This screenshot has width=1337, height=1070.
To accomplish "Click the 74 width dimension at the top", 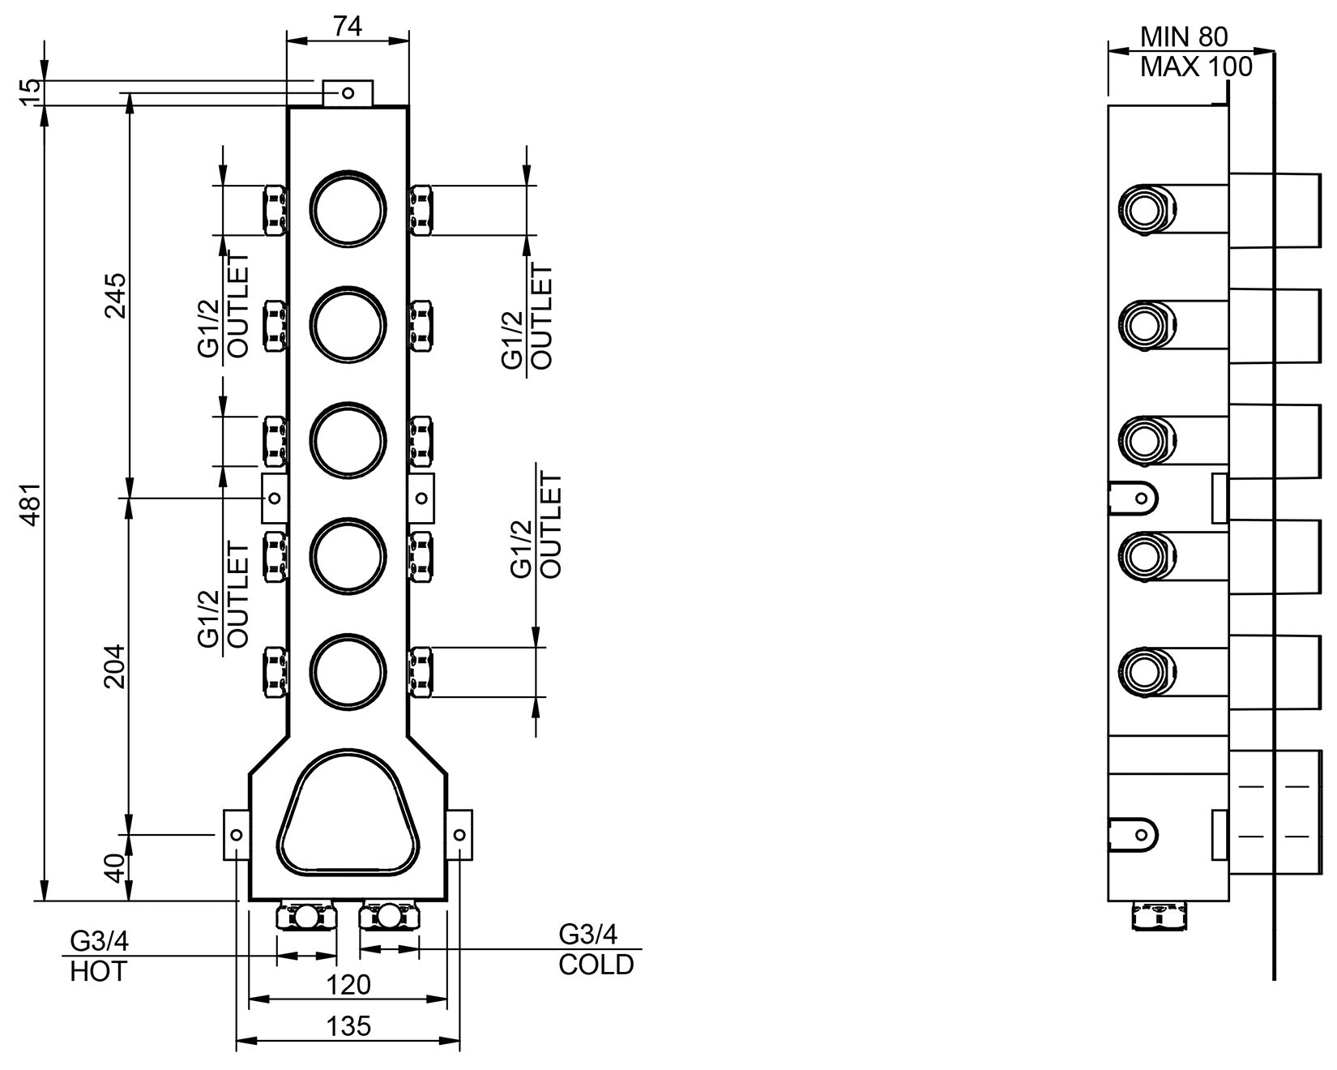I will point(348,26).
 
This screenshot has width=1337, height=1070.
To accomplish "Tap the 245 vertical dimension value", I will point(115,296).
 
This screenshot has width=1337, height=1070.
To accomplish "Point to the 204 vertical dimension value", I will point(115,666).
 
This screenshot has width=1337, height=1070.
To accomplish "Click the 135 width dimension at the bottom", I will point(350,1025).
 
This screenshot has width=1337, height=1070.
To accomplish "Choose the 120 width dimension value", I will point(350,984).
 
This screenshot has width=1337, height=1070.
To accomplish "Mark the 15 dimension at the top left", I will point(30,92).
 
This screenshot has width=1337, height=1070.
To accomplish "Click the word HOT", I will point(98,971).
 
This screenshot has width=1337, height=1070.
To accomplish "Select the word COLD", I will point(596,965).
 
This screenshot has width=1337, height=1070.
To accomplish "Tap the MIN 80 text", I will point(1184,36).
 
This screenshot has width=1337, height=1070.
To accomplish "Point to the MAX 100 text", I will point(1196,66).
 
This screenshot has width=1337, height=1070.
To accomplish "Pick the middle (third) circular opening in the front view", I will point(348,439).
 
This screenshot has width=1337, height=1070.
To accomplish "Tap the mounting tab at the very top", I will point(348,92).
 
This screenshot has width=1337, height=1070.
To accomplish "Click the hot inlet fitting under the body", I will point(306,917).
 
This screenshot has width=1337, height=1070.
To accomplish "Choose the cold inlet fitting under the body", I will point(391,917).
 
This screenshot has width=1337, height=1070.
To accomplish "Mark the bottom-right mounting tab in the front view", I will point(459,834).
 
